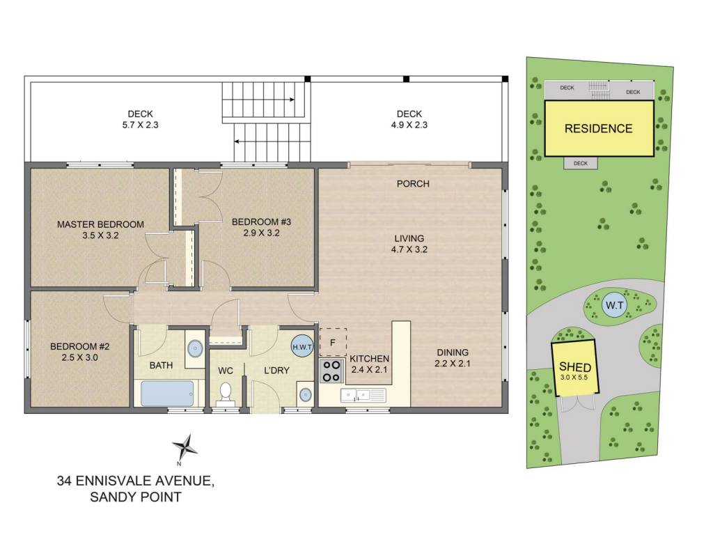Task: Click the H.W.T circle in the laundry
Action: (x=302, y=347)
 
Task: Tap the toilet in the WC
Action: (x=226, y=393)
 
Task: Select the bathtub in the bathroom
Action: (x=167, y=393)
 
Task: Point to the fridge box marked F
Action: (x=333, y=342)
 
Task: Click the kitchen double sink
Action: (x=363, y=395)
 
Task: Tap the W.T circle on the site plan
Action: (x=615, y=305)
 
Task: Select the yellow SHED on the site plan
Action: (x=574, y=368)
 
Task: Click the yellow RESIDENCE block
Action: (x=599, y=128)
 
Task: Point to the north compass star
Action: (x=185, y=447)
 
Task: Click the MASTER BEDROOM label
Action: (x=100, y=224)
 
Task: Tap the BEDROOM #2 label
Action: (x=80, y=347)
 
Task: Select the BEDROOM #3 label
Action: (x=262, y=222)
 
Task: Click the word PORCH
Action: (x=413, y=184)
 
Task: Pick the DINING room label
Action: (x=453, y=352)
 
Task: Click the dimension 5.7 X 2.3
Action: (x=140, y=125)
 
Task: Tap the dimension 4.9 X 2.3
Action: (x=409, y=125)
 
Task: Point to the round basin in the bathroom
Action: (x=195, y=349)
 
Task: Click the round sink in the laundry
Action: (x=306, y=394)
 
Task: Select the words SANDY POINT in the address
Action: (x=136, y=497)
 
